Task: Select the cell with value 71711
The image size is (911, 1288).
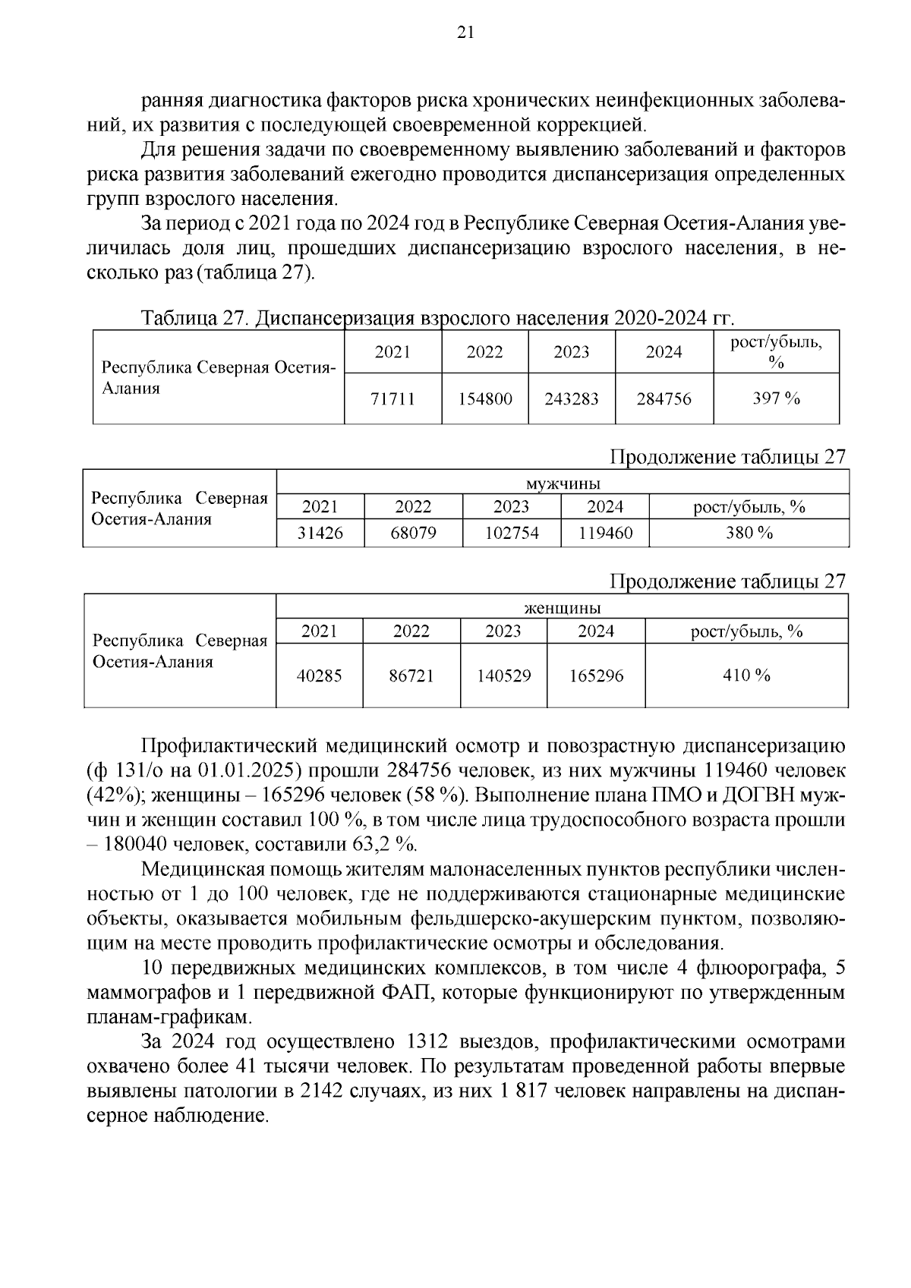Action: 392,398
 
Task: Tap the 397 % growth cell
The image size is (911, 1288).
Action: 776,398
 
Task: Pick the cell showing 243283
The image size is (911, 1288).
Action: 572,398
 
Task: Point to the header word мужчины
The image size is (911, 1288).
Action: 563,483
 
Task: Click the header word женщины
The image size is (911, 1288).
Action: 563,608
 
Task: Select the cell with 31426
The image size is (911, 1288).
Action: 320,534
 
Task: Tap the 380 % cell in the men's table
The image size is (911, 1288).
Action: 749,534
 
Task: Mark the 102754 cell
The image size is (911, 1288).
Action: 512,534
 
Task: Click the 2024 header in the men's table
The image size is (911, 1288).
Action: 605,507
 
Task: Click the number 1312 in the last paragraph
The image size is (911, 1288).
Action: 431,1041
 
